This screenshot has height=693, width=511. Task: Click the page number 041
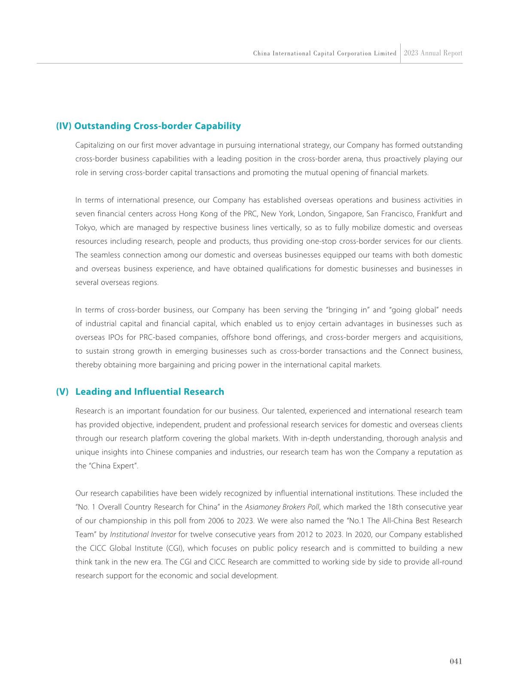coord(456,661)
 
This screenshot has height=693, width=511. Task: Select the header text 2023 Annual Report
coord(433,53)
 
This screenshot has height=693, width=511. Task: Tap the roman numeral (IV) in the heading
coord(64,126)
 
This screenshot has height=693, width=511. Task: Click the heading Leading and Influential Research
coord(149,391)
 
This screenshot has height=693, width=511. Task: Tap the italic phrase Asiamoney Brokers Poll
coord(282,507)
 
